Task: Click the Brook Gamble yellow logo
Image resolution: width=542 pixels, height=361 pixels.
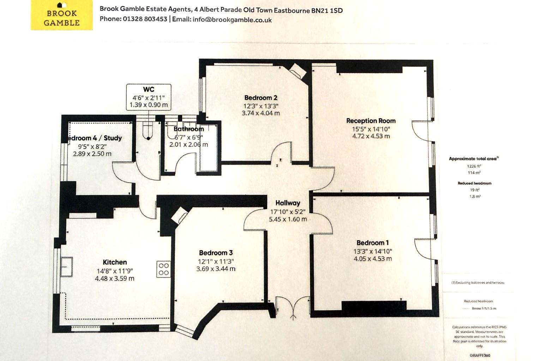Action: [x=61, y=15]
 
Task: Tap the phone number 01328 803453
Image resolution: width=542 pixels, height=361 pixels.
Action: [x=145, y=19]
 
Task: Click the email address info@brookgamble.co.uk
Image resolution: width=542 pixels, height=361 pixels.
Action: [x=232, y=20]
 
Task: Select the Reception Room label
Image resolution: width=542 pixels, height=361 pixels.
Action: [x=371, y=121]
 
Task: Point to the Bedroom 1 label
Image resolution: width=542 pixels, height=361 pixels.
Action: [x=372, y=243]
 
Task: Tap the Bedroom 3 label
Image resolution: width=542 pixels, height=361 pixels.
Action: [x=216, y=253]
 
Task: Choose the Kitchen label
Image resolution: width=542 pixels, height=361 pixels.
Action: [x=115, y=262]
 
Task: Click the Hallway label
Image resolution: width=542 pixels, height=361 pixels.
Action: [x=288, y=203]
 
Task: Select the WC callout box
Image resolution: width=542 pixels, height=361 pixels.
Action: [x=149, y=97]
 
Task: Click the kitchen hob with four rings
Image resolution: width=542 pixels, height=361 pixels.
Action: [x=163, y=269]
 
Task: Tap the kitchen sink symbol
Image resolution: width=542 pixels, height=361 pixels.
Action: [x=66, y=267]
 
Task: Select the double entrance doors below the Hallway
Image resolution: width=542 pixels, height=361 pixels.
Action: [x=293, y=306]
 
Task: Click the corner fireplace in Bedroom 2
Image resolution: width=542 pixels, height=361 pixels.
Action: [x=297, y=72]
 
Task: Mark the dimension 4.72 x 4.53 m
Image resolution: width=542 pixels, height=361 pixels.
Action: [x=371, y=136]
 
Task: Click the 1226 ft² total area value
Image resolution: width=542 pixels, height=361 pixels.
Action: [x=474, y=166]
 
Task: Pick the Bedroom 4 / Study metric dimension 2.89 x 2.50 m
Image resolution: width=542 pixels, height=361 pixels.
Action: [x=92, y=154]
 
